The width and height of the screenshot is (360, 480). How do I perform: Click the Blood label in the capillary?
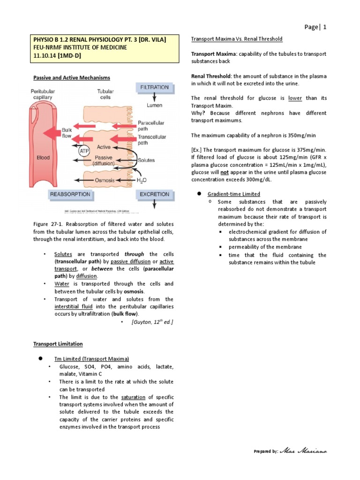[44, 158]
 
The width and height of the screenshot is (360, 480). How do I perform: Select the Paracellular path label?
[151, 126]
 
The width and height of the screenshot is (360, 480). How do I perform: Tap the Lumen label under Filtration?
[154, 105]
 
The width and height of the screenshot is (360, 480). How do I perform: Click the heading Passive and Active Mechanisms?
[71, 77]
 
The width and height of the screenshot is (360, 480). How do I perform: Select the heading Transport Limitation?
[58, 344]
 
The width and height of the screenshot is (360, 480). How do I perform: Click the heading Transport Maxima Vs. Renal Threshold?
[237, 38]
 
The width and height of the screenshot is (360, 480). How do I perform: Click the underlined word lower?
[295, 98]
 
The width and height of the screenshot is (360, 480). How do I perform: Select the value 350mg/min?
[300, 135]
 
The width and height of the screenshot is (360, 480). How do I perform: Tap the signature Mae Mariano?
[304, 451]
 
